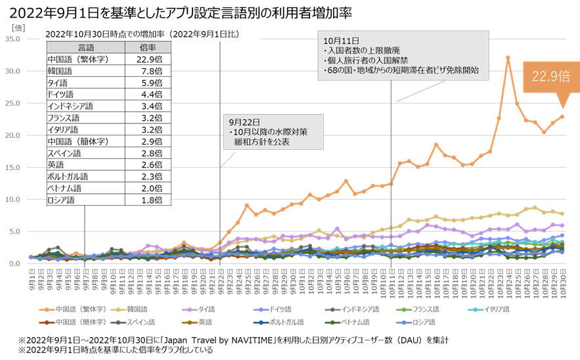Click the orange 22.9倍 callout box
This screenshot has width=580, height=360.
click(x=550, y=76)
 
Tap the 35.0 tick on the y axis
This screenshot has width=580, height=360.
click(x=13, y=39)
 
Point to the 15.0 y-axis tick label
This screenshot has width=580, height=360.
click(x=13, y=167)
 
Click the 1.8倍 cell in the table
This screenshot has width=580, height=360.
click(x=148, y=200)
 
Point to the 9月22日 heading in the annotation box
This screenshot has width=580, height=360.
click(x=244, y=122)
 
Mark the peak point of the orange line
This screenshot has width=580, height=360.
click(x=508, y=57)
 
